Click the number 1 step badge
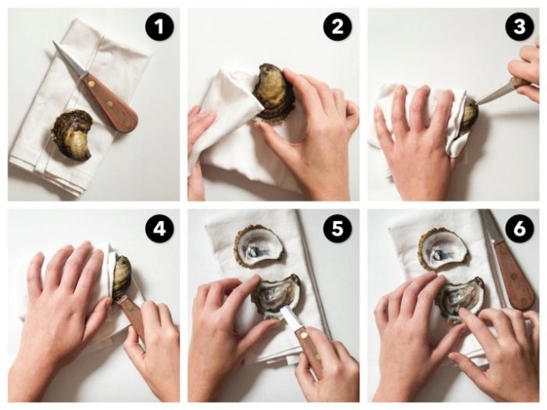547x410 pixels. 159,27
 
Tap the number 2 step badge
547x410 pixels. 338,27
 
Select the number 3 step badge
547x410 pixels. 520,27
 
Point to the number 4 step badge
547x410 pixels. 159,228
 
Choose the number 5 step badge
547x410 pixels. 338,228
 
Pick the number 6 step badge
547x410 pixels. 520,228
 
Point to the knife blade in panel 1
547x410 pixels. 69,59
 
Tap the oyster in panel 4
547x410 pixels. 122,276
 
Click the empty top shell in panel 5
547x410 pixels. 259,248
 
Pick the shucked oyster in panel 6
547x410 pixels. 459,300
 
